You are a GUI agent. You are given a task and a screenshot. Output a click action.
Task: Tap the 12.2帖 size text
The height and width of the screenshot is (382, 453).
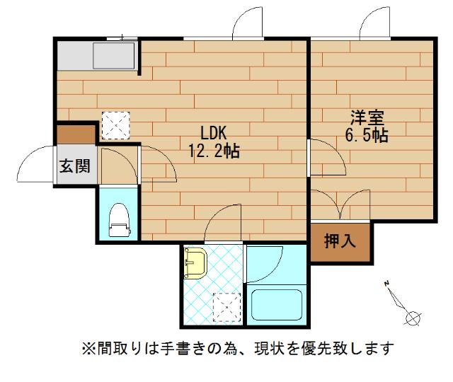pos(213,150)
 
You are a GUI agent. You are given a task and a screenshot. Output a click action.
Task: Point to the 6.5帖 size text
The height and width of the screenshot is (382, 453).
pos(366,135)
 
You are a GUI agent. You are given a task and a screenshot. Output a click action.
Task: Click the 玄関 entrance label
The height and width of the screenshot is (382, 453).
pos(74,167)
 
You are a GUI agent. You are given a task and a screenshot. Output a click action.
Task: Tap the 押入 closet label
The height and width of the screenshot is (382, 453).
pos(340,242)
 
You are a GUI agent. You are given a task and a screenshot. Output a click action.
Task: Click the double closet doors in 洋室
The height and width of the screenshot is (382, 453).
pos(340,205)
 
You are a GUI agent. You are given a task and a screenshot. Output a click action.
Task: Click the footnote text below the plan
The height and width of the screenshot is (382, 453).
pos(237,348)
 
